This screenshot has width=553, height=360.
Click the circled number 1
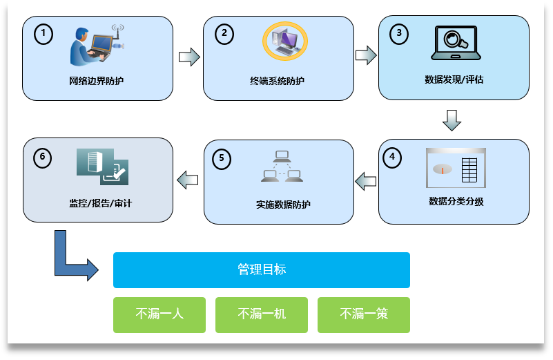43,33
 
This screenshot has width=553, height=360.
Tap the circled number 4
392,157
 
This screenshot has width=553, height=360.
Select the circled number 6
43,158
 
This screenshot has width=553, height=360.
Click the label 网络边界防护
97,81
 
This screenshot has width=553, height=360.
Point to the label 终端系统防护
278,81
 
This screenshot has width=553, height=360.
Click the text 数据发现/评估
454,79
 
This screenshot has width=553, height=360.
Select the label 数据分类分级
456,202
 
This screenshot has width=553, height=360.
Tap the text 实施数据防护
279,205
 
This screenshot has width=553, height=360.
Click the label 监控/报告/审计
100,203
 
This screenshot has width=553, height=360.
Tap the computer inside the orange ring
284,41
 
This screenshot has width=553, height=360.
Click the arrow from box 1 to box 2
188,57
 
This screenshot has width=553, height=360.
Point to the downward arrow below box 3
452,120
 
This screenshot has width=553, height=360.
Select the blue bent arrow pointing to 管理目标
71,258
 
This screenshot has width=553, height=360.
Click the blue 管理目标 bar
262,270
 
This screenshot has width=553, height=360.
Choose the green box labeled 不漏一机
262,314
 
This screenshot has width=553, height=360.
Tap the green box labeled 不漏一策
364,314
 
